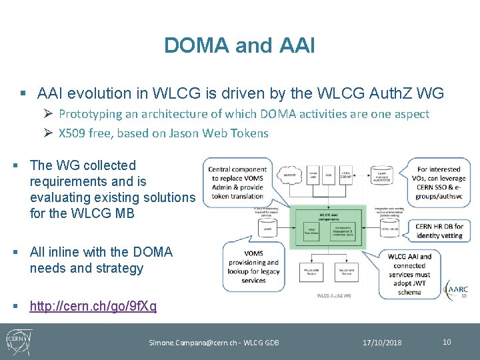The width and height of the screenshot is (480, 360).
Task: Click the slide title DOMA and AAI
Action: pyautogui.click(x=239, y=45)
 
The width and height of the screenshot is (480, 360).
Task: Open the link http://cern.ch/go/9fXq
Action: pyautogui.click(x=93, y=306)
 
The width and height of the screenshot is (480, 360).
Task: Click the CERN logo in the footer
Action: pyautogui.click(x=16, y=341)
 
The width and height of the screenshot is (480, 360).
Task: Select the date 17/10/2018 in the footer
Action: pyautogui.click(x=382, y=343)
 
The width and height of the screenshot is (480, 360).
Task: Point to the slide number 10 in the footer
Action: pyautogui.click(x=447, y=342)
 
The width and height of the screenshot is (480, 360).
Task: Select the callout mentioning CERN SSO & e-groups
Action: pyautogui.click(x=438, y=183)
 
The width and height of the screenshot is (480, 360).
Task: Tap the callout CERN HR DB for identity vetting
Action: pyautogui.click(x=438, y=231)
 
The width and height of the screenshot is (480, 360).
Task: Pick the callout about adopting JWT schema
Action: pyautogui.click(x=409, y=274)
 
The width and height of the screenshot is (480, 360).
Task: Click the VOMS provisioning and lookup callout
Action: pyautogui.click(x=253, y=267)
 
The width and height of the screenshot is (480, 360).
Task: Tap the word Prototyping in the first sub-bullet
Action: pyautogui.click(x=89, y=114)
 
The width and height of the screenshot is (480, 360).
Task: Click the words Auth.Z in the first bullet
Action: pyautogui.click(x=396, y=94)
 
